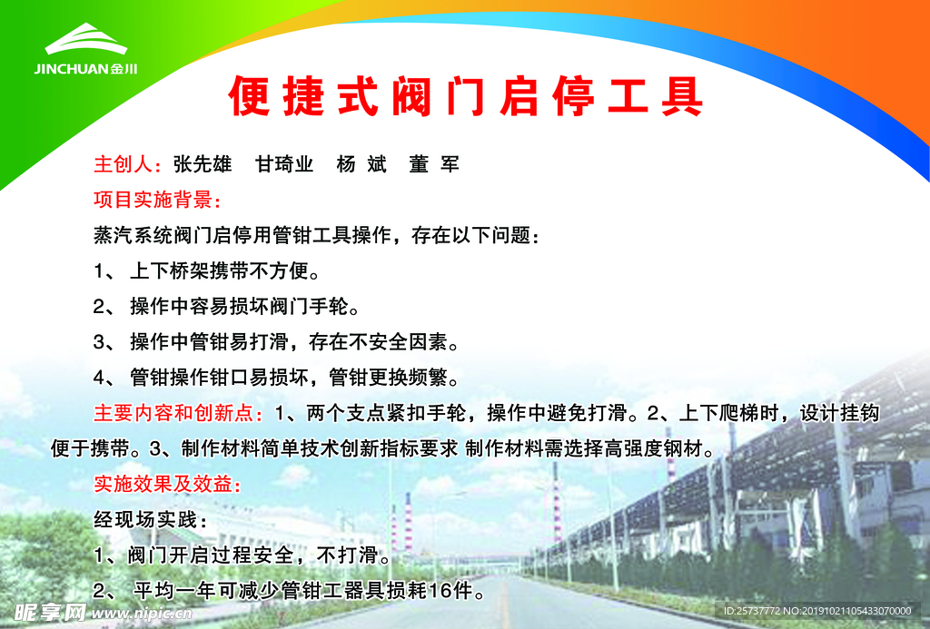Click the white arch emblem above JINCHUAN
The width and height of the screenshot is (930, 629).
click(x=87, y=41)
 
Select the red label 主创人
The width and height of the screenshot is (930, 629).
click(x=127, y=164)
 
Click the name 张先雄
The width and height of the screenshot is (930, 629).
click(x=202, y=164)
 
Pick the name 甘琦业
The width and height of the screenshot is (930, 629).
click(x=284, y=164)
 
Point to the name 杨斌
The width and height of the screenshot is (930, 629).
click(x=361, y=164)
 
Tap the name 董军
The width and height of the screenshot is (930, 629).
click(x=434, y=164)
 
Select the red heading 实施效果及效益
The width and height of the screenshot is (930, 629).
click(x=167, y=484)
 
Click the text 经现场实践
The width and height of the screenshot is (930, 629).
click(x=151, y=520)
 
